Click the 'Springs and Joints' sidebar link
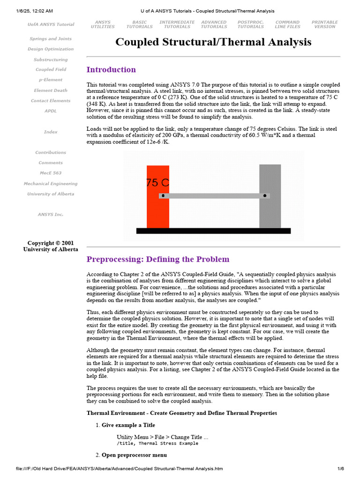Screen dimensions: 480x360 [x=51, y=39]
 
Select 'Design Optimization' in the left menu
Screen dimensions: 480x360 [x=51, y=49]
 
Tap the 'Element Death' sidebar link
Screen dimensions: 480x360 [x=51, y=90]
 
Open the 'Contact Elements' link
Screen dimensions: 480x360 [x=51, y=101]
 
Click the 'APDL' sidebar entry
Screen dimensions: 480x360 [x=51, y=111]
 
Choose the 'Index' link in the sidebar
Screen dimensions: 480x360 [x=51, y=132]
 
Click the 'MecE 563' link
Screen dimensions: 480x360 [x=51, y=173]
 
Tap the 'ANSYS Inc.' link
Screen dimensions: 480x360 [x=51, y=215]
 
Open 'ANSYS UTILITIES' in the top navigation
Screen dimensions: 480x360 [x=103, y=24]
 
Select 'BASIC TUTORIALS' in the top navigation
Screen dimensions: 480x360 [x=139, y=24]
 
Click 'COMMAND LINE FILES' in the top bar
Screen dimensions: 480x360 [x=287, y=24]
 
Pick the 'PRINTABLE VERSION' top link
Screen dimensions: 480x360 [x=325, y=24]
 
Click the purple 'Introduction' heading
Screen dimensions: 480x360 [x=111, y=70]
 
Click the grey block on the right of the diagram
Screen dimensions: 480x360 [x=270, y=211]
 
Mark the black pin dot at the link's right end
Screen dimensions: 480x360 [x=265, y=195]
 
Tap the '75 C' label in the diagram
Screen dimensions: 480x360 [x=157, y=183]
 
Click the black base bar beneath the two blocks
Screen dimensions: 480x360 [x=213, y=231]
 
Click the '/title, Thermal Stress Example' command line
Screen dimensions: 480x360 [x=157, y=443]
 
